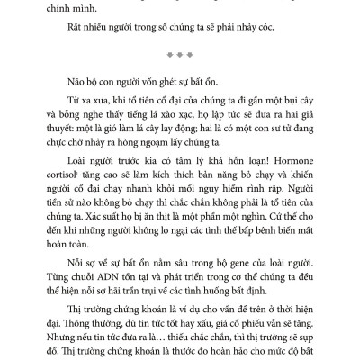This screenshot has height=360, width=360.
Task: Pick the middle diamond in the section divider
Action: pyautogui.click(x=180, y=52)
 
